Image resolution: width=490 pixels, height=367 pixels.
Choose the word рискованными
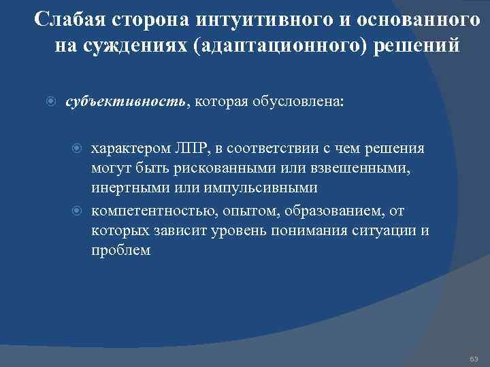[x=216, y=168]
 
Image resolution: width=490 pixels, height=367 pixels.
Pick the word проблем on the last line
[x=120, y=249]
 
